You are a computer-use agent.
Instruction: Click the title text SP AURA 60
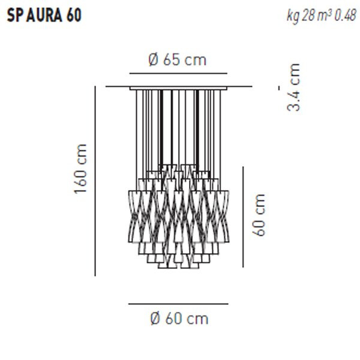pos(44,16)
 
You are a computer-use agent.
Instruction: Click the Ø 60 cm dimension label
pos(178,319)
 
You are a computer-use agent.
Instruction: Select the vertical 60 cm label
pos(259,214)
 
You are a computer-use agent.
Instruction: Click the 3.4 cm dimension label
pos(293,87)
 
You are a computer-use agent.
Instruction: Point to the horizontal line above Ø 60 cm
pos(178,304)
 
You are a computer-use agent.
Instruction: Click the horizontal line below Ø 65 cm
pos(178,73)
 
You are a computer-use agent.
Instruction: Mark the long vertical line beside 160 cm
pos(95,180)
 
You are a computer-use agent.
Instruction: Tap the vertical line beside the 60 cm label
pos(243,216)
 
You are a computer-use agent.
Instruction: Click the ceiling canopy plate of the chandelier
pos(178,88)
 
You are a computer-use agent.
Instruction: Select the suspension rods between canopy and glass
pos(178,126)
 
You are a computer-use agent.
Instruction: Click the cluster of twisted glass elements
pos(178,216)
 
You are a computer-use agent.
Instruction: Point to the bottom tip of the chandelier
pos(178,267)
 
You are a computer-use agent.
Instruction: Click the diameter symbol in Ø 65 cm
pos(152,60)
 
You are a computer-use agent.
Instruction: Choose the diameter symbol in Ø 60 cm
pos(154,319)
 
